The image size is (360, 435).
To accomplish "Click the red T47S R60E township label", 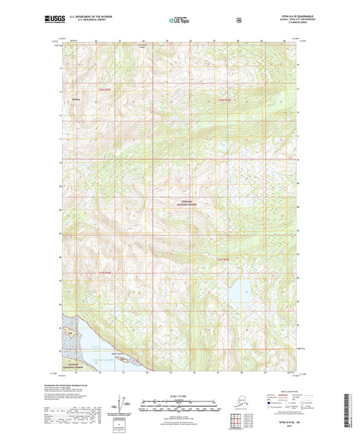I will tap(224, 259).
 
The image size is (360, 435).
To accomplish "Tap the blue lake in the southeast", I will tap(235, 295).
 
